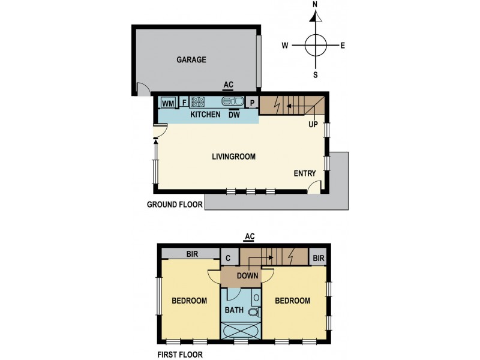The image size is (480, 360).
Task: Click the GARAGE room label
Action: click(191, 59)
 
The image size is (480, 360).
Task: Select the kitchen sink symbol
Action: click(232, 101)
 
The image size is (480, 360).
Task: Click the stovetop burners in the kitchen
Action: click(198, 102)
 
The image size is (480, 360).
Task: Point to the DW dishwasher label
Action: click(234, 115)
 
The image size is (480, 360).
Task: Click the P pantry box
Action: click(253, 103)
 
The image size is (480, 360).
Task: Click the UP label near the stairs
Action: click(313, 125)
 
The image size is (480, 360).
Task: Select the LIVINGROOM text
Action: click(233, 157)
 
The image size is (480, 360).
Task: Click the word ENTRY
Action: click(305, 173)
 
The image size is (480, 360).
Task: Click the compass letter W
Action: click(286, 45)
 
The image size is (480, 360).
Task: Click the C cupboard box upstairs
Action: click(229, 259)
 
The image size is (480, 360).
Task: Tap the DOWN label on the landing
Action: click(247, 276)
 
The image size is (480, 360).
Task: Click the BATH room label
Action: click(234, 310)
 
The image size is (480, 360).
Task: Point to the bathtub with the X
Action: click(241, 331)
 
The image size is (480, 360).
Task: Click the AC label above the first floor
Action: click(248, 236)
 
